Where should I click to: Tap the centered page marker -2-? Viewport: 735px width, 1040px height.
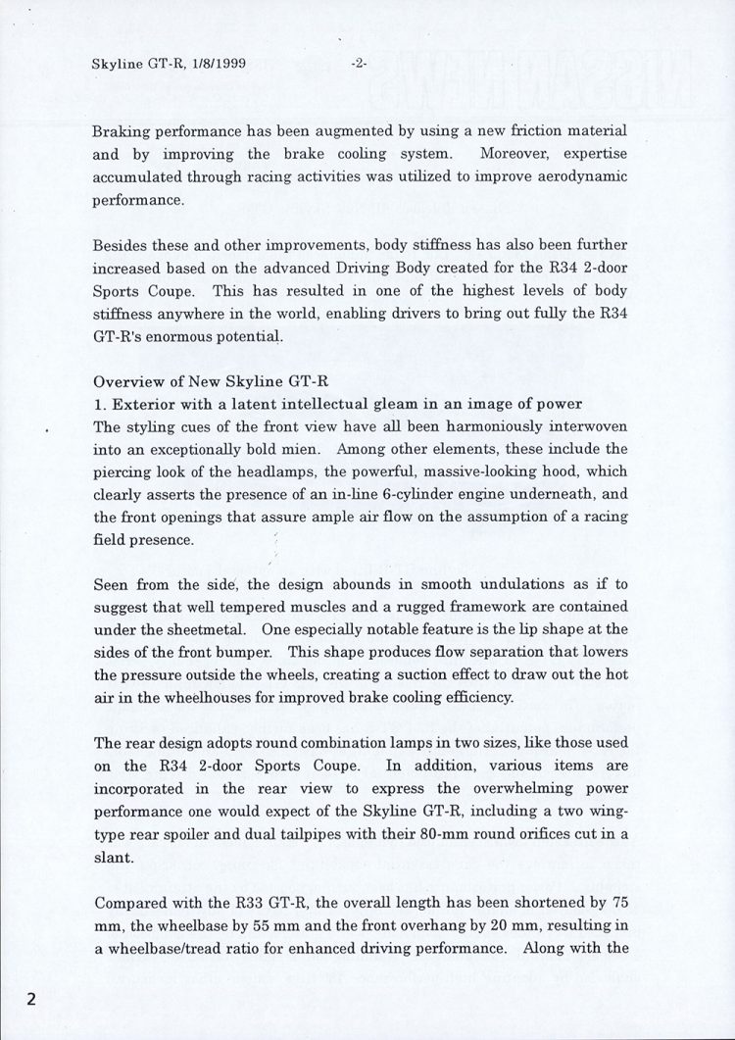click(x=358, y=65)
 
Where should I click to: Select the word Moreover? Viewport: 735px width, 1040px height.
click(x=518, y=154)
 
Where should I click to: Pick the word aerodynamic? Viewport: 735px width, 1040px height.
click(x=577, y=177)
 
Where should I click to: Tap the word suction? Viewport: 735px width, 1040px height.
click(x=405, y=674)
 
